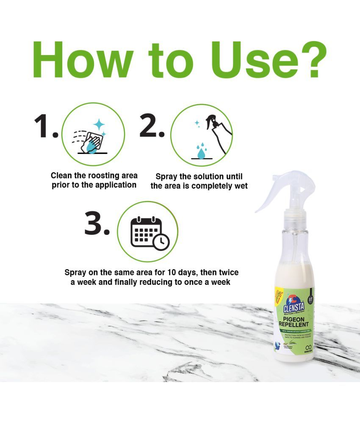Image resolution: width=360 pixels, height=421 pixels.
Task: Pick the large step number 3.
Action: [x=97, y=224]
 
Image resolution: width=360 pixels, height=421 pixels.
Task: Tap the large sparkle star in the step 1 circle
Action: [x=99, y=124]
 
